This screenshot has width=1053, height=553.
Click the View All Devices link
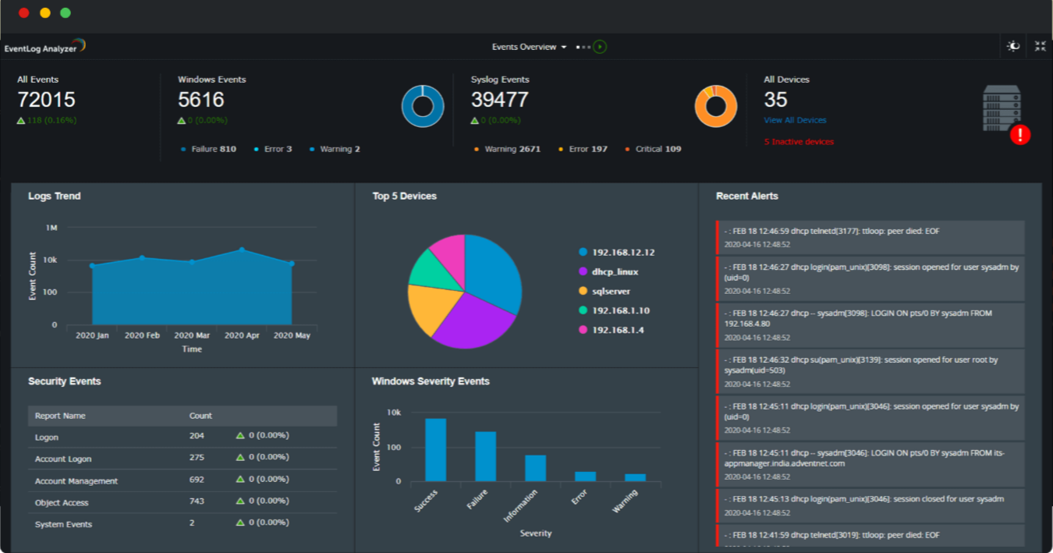[x=795, y=120]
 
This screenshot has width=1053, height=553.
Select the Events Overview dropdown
[x=529, y=47]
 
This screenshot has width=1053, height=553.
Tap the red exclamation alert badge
[x=1019, y=135]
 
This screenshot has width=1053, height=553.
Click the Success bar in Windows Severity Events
[x=435, y=450]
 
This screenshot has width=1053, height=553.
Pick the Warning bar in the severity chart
[x=635, y=477]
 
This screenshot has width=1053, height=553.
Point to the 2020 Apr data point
[x=242, y=250]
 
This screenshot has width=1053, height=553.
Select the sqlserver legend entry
[x=611, y=291]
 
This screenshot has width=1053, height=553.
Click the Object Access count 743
[x=197, y=502]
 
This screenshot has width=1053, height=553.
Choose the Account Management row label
[x=76, y=481]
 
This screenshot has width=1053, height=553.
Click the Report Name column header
[x=60, y=416]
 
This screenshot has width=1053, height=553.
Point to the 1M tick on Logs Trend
[x=52, y=228]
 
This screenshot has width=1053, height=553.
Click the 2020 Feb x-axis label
[x=142, y=335]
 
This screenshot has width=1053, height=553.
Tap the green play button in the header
[x=599, y=47]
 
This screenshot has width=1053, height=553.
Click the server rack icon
[x=1002, y=108]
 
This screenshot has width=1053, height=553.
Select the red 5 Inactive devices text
[x=799, y=142]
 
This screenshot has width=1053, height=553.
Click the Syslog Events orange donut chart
[x=715, y=106]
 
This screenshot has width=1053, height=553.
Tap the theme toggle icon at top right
[x=1013, y=46]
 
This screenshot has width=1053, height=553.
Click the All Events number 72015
[x=46, y=100]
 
